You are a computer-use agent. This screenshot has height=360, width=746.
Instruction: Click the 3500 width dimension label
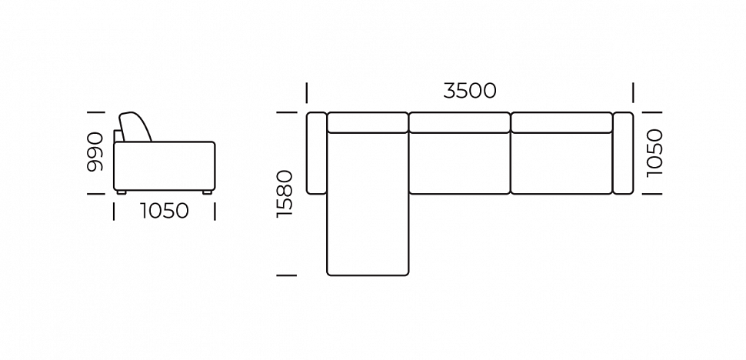point(470,90)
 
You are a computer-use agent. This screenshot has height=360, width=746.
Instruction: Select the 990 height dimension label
point(95,152)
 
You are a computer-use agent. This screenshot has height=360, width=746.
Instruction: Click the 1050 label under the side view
point(164,211)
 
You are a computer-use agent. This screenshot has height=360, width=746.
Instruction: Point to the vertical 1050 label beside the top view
point(654,152)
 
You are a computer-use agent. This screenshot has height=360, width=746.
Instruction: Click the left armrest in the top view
point(316,153)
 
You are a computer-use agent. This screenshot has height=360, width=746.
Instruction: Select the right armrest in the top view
point(623,153)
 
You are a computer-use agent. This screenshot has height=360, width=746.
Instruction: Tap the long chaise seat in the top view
point(368,204)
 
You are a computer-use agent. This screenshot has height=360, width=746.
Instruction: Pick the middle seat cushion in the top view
point(460,163)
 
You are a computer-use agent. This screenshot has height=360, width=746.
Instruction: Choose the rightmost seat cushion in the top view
point(561,163)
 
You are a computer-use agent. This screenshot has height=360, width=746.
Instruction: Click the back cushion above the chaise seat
point(368,122)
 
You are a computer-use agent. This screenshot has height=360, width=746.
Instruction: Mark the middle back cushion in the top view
point(460,122)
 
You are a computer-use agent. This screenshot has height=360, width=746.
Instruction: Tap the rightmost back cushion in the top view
point(561,122)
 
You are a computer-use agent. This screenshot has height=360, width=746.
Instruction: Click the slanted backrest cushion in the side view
point(135,127)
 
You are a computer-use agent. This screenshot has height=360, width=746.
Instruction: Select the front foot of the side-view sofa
point(207,192)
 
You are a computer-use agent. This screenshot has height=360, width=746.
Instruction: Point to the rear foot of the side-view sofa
point(122,192)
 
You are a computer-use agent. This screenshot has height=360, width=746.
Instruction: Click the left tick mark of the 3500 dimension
point(306,92)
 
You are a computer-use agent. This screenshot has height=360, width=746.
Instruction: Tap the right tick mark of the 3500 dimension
point(633,92)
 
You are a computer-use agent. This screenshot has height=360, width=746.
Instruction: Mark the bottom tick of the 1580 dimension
point(286,275)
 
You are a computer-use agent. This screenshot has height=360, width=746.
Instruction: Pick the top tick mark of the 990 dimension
point(95,112)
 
